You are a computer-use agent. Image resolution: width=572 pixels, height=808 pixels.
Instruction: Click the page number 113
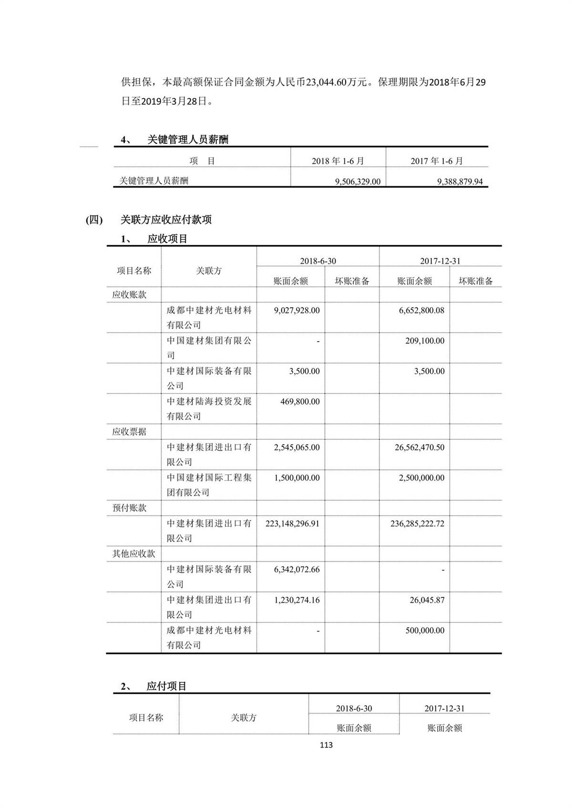[327, 745]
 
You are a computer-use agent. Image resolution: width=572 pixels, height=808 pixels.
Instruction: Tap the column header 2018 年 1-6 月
[338, 161]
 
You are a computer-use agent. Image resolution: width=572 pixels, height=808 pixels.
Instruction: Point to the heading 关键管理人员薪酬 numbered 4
[188, 140]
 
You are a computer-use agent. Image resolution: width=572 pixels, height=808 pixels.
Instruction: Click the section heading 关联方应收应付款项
[166, 220]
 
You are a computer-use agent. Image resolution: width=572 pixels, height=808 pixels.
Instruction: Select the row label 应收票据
[129, 432]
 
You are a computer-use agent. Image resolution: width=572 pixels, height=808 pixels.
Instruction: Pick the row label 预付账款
[129, 508]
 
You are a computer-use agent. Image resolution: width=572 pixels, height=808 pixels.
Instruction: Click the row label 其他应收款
[133, 554]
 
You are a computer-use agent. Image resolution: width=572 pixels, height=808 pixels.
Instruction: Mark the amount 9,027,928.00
[296, 310]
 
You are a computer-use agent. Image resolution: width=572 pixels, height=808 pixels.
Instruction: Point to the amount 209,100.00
[425, 341]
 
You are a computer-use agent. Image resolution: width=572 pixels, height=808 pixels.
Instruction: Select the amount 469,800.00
[300, 402]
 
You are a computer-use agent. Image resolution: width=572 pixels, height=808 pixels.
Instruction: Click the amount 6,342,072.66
[296, 569]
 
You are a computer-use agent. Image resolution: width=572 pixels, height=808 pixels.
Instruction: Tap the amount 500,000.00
[425, 630]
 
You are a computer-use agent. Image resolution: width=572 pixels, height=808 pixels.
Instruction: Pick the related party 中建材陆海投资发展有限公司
[209, 409]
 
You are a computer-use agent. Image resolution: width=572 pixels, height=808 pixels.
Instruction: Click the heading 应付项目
[166, 686]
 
